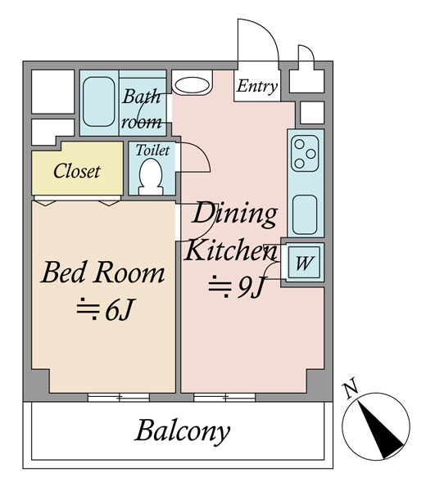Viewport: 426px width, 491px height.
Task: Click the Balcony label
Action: pyautogui.click(x=183, y=431)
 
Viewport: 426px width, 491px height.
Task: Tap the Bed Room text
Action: pyautogui.click(x=103, y=273)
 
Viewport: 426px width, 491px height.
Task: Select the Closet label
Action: pyautogui.click(x=77, y=171)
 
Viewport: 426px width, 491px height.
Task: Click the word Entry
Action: pyautogui.click(x=257, y=86)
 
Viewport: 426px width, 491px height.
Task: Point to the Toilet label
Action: pyautogui.click(x=152, y=151)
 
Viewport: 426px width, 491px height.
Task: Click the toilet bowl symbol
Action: pyautogui.click(x=151, y=178)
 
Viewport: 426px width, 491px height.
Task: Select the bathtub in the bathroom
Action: pyautogui.click(x=99, y=101)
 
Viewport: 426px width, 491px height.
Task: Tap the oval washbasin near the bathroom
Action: pyautogui.click(x=193, y=84)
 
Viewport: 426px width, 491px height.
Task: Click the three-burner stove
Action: pyautogui.click(x=305, y=154)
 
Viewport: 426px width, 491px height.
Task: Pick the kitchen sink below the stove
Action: pyautogui.click(x=305, y=214)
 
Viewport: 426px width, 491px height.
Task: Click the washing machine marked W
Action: pyautogui.click(x=304, y=263)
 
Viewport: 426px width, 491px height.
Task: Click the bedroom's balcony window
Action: pyautogui.click(x=119, y=398)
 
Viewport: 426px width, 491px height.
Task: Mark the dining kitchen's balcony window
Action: pyautogui.click(x=224, y=398)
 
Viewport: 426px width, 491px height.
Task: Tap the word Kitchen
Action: pyautogui.click(x=231, y=250)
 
